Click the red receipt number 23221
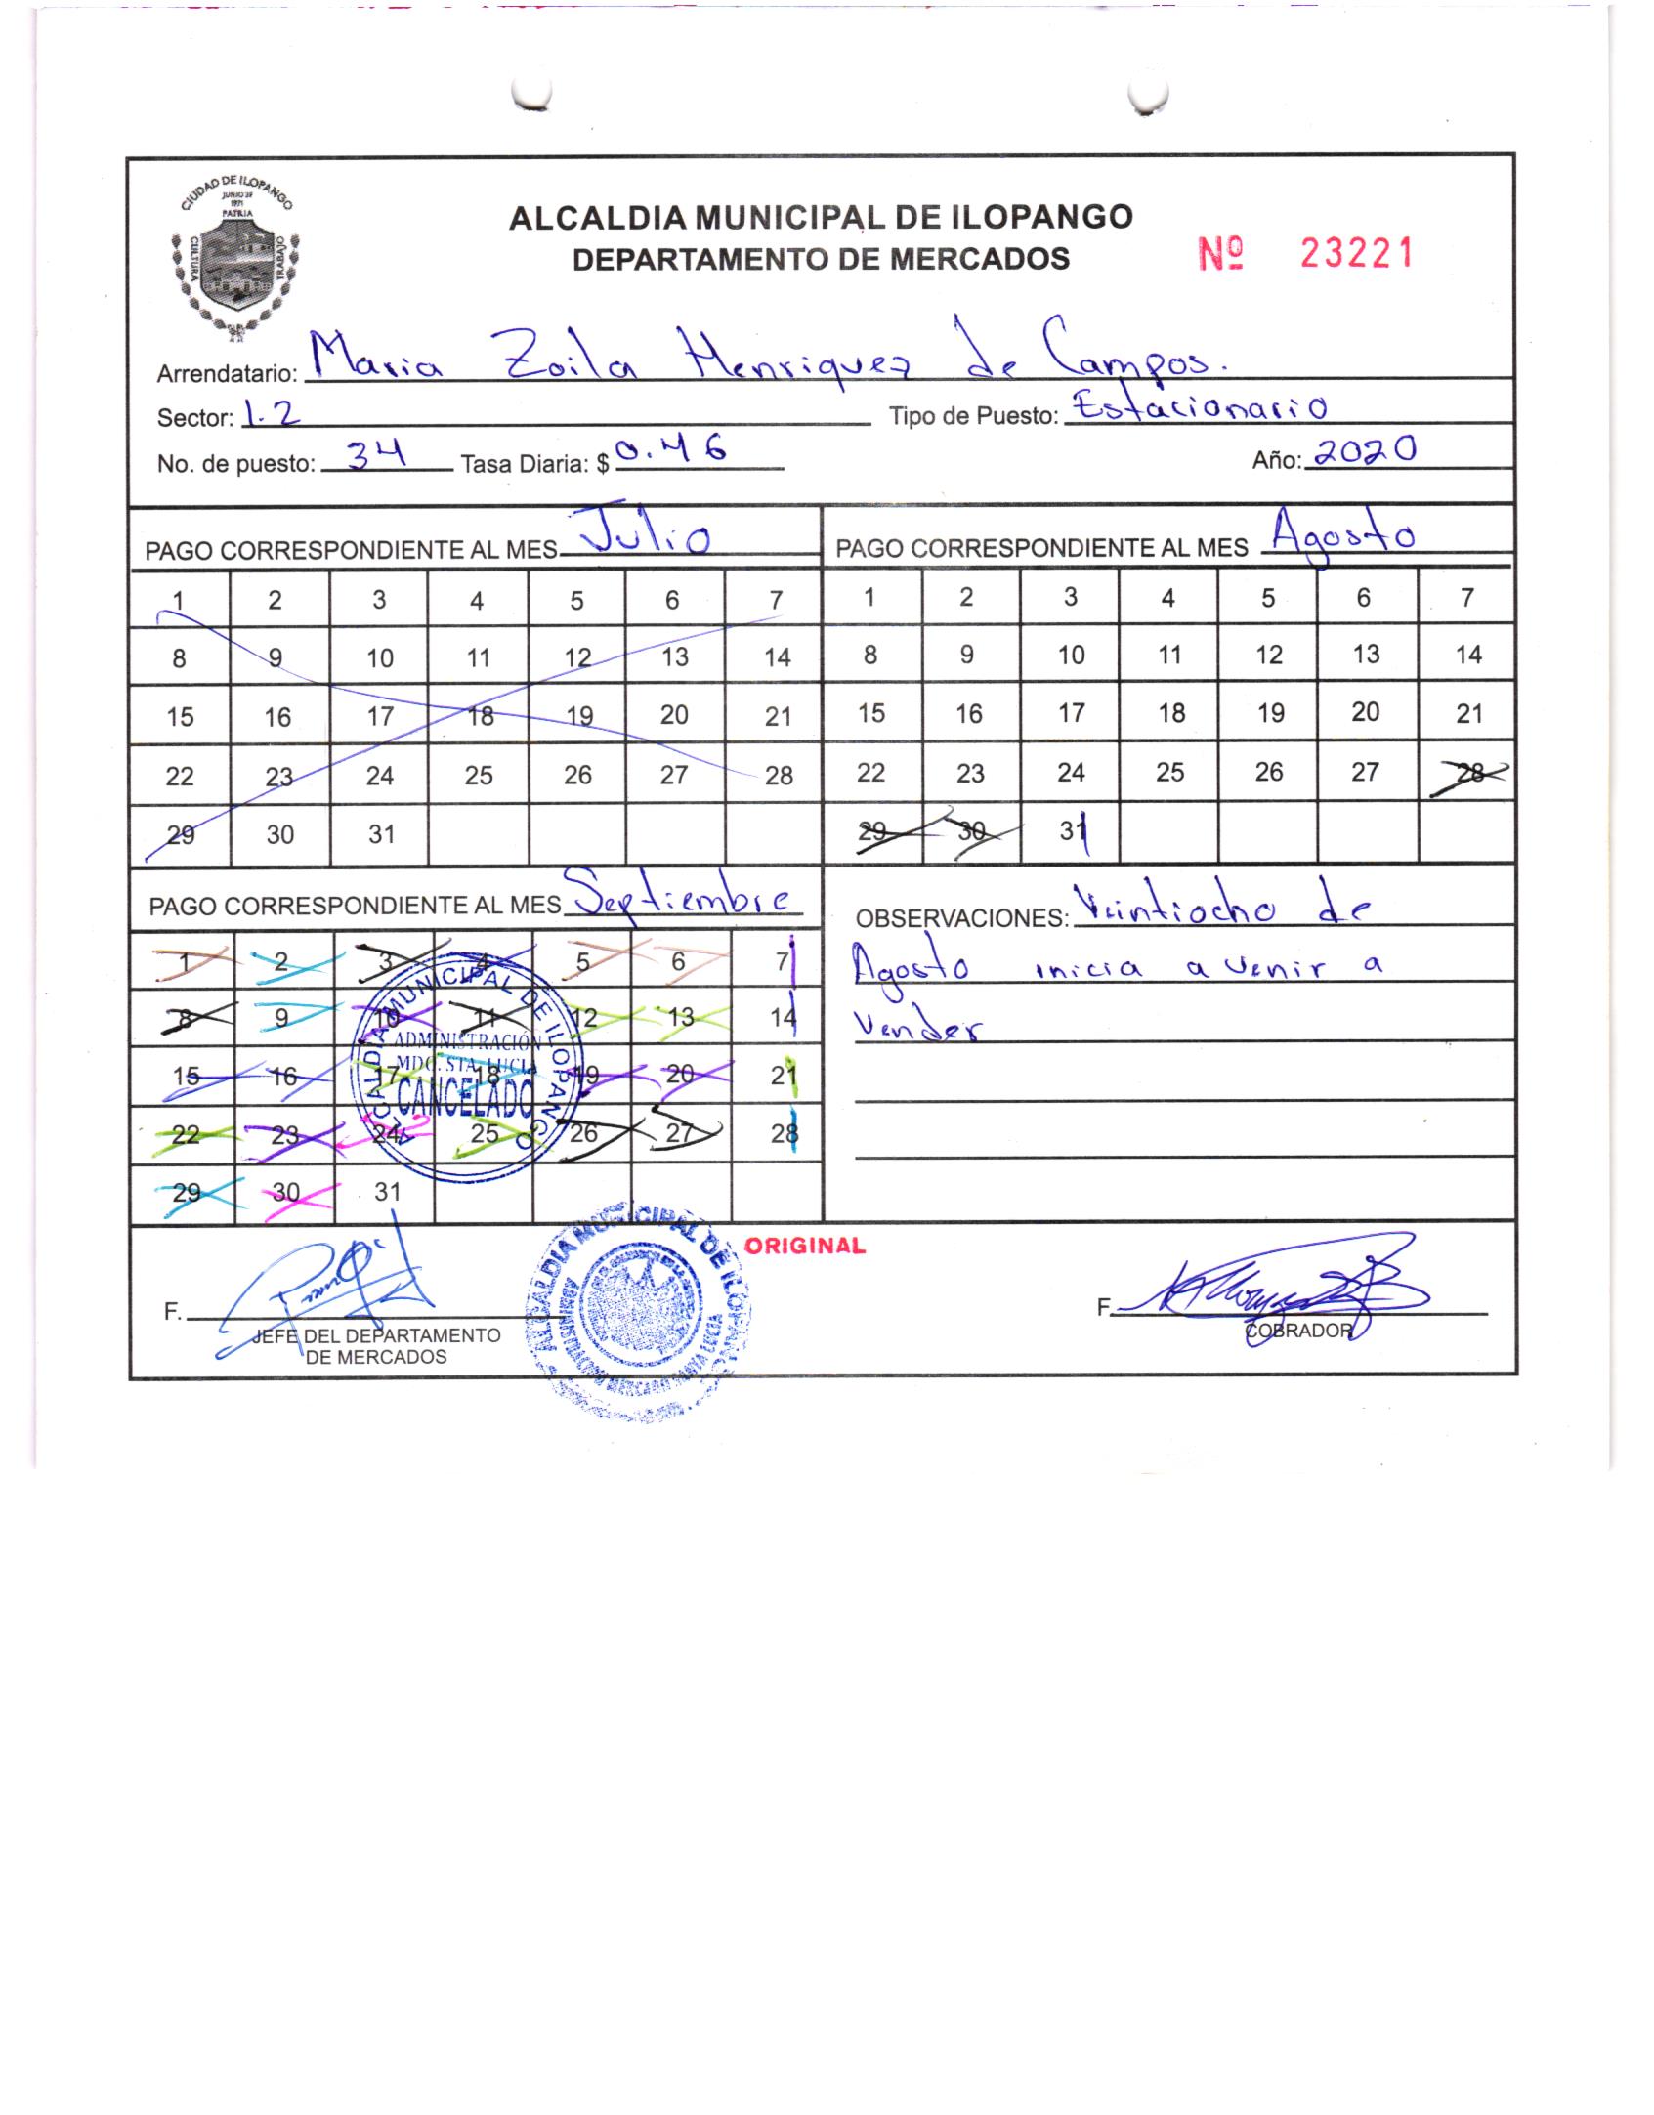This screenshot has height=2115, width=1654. click(1356, 255)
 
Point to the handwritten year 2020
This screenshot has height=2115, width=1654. click(1365, 452)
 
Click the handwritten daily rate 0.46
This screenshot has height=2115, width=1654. click(673, 450)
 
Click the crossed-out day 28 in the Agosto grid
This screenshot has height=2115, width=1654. click(1468, 773)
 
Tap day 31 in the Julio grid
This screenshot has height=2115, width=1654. click(381, 834)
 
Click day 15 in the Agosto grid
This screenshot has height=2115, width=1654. click(870, 714)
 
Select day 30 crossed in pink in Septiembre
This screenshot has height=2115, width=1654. click(285, 1193)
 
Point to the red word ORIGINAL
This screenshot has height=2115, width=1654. click(804, 1246)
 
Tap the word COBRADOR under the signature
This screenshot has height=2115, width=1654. click(1298, 1331)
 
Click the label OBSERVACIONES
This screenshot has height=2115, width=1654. click(960, 918)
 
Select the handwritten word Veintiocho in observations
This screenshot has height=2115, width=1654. click(1172, 908)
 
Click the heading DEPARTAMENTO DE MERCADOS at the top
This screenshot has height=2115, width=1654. click(821, 259)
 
